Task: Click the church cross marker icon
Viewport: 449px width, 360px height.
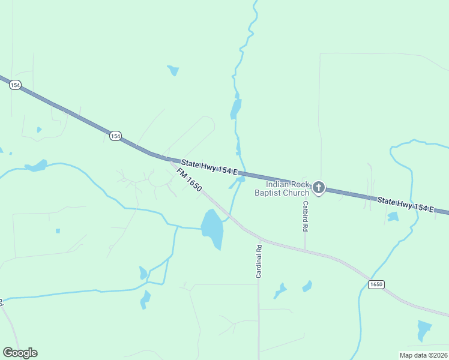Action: pos(319,188)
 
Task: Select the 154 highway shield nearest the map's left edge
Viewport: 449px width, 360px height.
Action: pos(16,86)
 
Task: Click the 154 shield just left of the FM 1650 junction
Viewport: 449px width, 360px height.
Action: pos(115,136)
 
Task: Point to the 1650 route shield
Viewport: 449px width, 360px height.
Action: pos(376,284)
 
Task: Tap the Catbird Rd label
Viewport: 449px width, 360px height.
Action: pos(306,216)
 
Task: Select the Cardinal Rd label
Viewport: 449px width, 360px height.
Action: pos(259,261)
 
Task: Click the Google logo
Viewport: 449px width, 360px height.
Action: pos(20,353)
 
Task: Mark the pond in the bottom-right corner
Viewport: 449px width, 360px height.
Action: pos(424,330)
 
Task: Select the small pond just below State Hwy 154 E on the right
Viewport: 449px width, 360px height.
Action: pos(393,217)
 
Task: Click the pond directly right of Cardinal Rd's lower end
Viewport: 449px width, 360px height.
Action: pos(279,291)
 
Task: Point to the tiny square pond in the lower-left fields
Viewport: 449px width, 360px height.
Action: pos(58,231)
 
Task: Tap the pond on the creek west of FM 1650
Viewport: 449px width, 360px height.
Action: pos(37,165)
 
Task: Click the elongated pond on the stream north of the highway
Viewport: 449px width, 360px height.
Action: pos(236,109)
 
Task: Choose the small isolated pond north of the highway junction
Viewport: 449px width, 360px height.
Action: pos(173,70)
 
